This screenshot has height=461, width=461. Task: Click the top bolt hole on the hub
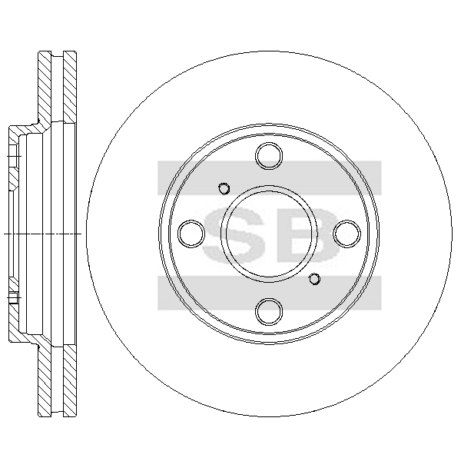[269, 156]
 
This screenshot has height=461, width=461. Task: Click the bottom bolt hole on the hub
[269, 312]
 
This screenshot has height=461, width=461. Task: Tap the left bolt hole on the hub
[191, 234]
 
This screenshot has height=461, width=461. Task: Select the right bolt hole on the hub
[347, 234]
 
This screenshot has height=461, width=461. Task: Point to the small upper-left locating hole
[224, 188]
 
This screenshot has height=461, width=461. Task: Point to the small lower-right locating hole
[314, 279]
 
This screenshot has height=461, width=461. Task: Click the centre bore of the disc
[269, 234]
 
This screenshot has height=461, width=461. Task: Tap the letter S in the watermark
[233, 234]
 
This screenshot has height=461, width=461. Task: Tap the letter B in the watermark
[314, 234]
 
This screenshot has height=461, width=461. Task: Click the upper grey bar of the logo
[270, 177]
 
